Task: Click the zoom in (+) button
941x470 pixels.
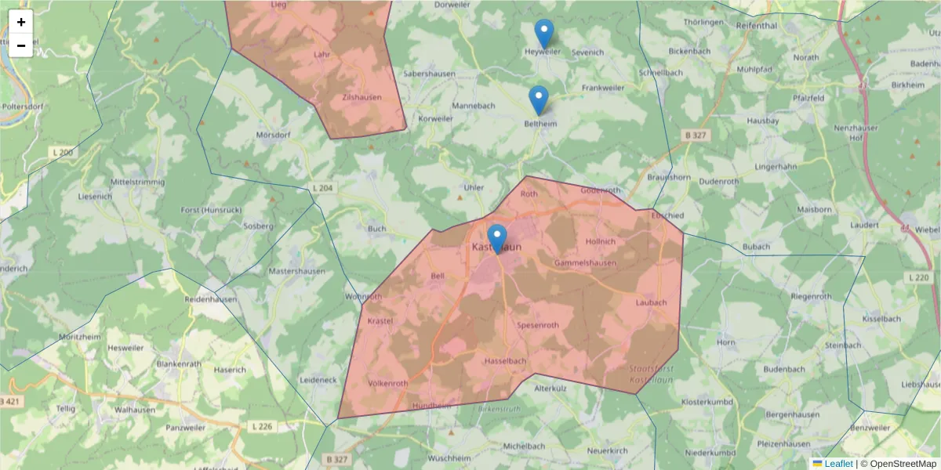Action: [x=21, y=22]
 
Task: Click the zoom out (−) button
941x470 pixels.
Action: [x=21, y=45]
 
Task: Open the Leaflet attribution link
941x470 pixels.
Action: [x=838, y=464]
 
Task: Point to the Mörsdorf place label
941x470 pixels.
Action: [x=274, y=135]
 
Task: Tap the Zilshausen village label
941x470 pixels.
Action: [x=362, y=97]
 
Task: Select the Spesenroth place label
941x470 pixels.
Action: [x=537, y=324]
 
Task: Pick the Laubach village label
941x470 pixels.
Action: [x=651, y=302]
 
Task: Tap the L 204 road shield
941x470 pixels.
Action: [x=322, y=188]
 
